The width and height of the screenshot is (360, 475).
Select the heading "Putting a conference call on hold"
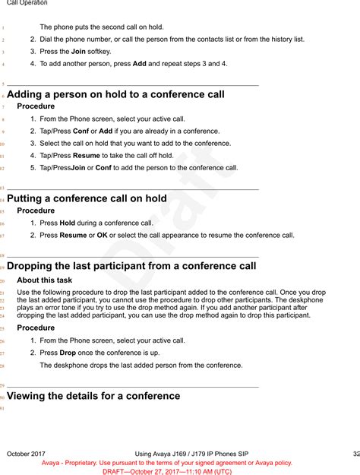coord(87,198)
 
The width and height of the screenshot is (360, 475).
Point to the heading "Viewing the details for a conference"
coord(93,396)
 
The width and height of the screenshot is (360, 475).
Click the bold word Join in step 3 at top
coord(78,52)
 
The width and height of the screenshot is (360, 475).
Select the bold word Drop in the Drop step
coord(68,353)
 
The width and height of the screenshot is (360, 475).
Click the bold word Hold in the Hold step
coord(68,223)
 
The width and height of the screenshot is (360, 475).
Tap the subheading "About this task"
coord(44,280)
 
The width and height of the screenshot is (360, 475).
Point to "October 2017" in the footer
coord(27,454)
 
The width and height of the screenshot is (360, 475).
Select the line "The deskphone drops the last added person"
coord(141,365)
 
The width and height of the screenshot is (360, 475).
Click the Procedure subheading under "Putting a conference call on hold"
coord(36,211)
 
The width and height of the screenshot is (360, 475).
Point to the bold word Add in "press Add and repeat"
coord(140,64)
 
